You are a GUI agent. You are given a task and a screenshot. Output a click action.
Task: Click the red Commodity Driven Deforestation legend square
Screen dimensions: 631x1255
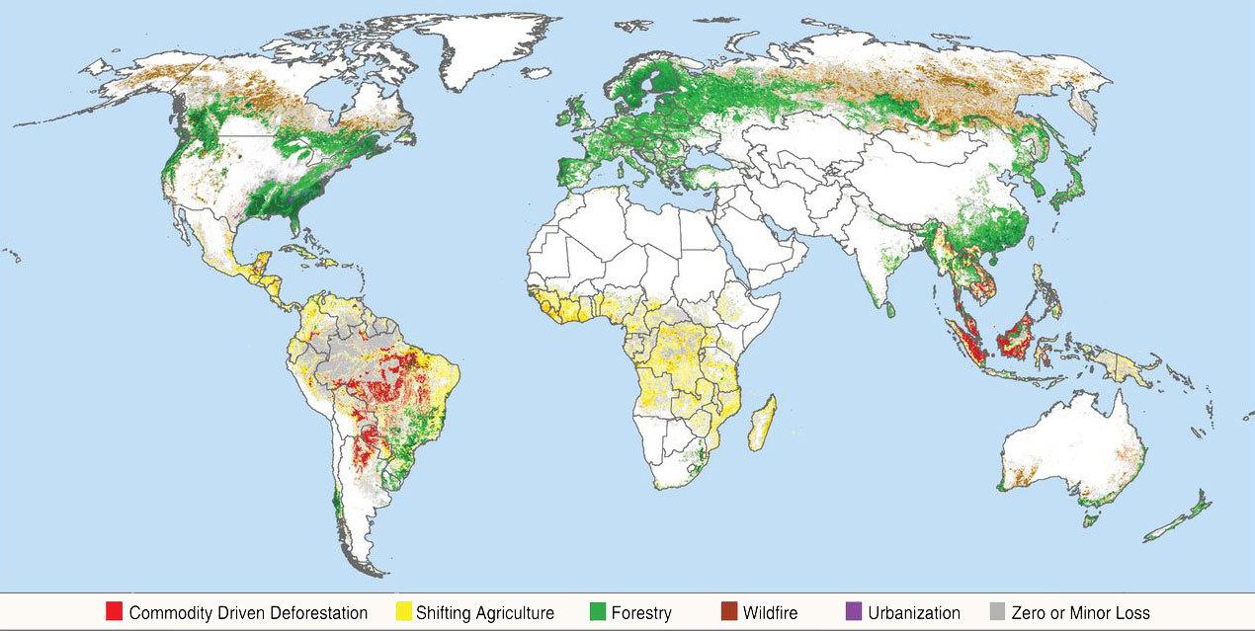click(114, 611)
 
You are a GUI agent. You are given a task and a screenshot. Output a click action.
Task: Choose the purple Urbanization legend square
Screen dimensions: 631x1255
click(855, 611)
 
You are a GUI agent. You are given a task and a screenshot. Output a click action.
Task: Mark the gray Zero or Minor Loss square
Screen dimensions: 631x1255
click(998, 611)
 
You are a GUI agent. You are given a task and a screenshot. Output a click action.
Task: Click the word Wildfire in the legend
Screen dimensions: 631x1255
click(770, 612)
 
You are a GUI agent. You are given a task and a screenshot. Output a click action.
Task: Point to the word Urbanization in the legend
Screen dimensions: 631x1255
click(913, 612)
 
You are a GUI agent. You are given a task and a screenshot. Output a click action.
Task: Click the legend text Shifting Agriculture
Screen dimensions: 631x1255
click(485, 612)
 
